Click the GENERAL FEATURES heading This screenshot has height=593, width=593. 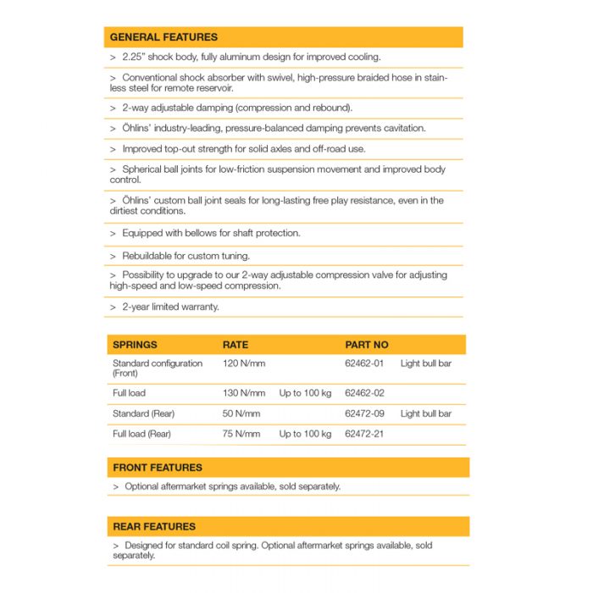[163, 37]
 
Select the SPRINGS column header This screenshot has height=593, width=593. [135, 345]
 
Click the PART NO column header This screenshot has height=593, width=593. [367, 345]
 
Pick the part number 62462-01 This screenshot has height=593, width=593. [364, 363]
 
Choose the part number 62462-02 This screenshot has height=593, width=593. [364, 393]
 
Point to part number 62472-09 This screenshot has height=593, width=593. [364, 413]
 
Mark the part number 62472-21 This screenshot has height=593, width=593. [364, 434]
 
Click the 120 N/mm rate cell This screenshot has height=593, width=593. [244, 363]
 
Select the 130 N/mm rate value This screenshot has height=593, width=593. [244, 393]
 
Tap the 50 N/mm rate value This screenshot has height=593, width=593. [241, 413]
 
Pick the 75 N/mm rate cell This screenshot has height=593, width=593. [241, 434]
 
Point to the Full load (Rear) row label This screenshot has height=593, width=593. [141, 434]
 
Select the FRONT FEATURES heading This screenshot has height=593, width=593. [158, 467]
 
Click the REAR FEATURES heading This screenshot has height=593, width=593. [154, 526]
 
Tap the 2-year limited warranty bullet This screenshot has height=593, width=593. [170, 307]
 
